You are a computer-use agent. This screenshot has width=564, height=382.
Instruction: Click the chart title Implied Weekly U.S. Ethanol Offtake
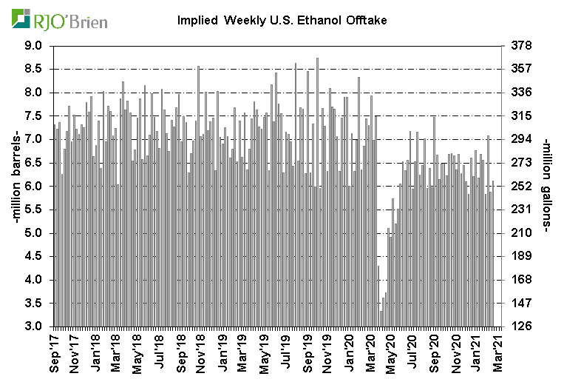click(x=282, y=20)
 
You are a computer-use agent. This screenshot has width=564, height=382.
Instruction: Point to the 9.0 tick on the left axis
click(x=35, y=46)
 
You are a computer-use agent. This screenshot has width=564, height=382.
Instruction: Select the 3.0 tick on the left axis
click(x=35, y=326)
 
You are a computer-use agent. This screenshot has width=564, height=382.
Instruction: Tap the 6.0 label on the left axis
click(x=35, y=187)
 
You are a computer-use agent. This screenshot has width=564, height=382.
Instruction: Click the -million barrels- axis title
click(x=13, y=186)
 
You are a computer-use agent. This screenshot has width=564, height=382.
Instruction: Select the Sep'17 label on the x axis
click(x=54, y=354)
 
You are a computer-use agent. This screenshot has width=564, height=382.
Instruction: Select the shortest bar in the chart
click(x=381, y=318)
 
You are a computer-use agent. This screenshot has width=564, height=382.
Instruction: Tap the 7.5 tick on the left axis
click(x=35, y=116)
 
